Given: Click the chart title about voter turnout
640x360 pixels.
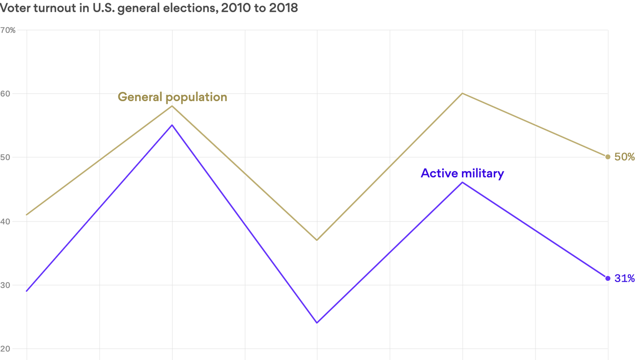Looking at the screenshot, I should tap(149, 8).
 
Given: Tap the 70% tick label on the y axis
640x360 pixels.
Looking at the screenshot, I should tap(8, 30).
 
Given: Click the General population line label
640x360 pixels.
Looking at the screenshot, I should tap(172, 97).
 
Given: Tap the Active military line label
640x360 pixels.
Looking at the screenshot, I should tap(462, 173).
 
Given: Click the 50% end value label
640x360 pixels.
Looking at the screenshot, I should tap(625, 157).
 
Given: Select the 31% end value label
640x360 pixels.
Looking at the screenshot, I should tap(625, 278).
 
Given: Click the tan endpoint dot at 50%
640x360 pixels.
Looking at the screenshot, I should tap(608, 157).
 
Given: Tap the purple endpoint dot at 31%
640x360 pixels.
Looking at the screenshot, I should tap(608, 278).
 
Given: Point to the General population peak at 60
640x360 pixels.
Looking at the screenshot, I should tap(462, 93).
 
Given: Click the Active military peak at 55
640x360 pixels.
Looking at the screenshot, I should tap(172, 125).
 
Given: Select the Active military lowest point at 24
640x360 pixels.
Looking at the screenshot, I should tap(317, 322).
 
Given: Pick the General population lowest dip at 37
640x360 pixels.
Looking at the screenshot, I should tap(317, 240).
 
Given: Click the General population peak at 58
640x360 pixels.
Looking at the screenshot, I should tap(172, 106).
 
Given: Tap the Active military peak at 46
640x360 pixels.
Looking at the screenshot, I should tap(462, 182).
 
